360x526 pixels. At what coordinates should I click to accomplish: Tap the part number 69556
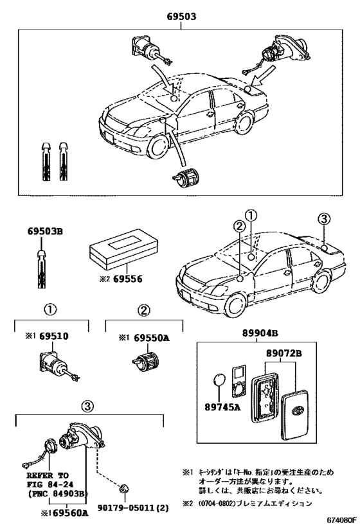point(126,279)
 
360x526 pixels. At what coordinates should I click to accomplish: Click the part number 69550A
point(146,337)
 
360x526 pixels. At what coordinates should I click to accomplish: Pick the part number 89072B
point(284,353)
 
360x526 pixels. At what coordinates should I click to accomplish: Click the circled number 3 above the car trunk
point(323,220)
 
